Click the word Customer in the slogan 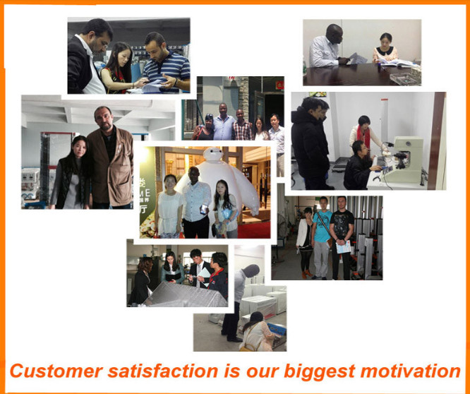coord(56,371)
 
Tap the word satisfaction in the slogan coord(163,371)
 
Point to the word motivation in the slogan coord(410,371)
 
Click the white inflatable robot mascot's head coord(213,155)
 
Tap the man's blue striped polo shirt coord(168,71)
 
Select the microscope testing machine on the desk coord(403,160)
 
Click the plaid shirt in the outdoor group coord(242,131)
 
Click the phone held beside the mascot coord(204,209)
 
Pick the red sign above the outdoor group coord(279,85)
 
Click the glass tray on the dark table coord(404,79)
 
